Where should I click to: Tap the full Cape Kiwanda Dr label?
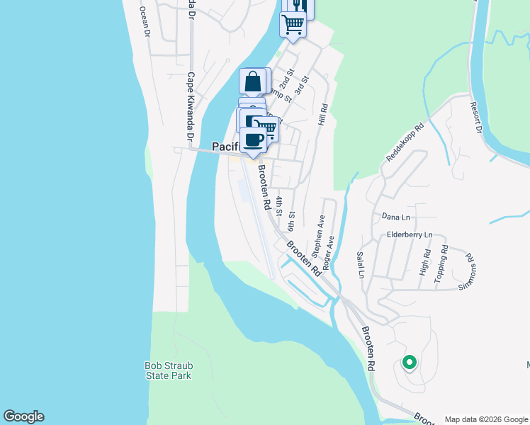190,106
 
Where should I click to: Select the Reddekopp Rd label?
405,144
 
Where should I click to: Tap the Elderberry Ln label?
410,234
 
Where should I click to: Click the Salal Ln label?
361,264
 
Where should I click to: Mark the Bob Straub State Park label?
169,370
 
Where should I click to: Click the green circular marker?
409,363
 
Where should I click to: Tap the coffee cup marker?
253,140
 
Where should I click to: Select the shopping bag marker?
253,81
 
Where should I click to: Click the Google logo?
23,416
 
